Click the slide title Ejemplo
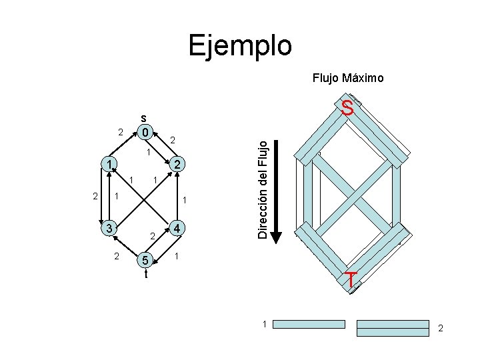[x=240, y=46]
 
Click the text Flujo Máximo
[x=348, y=79]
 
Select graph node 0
[x=145, y=131]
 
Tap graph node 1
[x=107, y=164]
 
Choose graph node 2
[x=177, y=165]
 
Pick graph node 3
[x=107, y=228]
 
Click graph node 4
[x=177, y=228]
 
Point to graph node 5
[x=145, y=259]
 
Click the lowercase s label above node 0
[x=144, y=116]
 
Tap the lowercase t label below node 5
[x=145, y=273]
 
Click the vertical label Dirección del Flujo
[x=264, y=187]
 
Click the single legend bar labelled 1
[x=310, y=324]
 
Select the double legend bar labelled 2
[x=392, y=327]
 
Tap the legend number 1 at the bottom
[x=264, y=324]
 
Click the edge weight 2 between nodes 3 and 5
[x=117, y=256]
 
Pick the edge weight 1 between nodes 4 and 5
[x=176, y=256]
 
